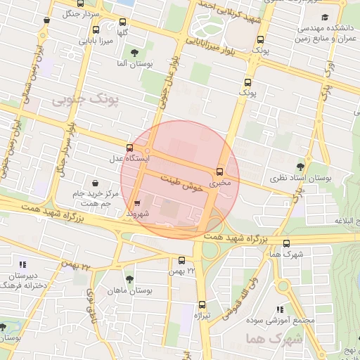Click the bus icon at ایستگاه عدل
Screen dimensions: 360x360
coord(129,148)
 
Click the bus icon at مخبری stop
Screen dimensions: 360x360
coord(220,172)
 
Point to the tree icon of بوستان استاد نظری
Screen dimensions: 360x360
coord(301,167)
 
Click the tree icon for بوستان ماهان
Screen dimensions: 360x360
coord(129,278)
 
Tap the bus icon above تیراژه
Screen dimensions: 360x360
coord(202,304)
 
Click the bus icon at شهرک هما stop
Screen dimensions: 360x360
coord(285,243)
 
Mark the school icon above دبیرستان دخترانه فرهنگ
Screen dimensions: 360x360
coord(23,264)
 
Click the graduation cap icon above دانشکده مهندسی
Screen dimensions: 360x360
coord(324,18)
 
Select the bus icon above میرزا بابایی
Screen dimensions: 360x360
coord(96,30)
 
